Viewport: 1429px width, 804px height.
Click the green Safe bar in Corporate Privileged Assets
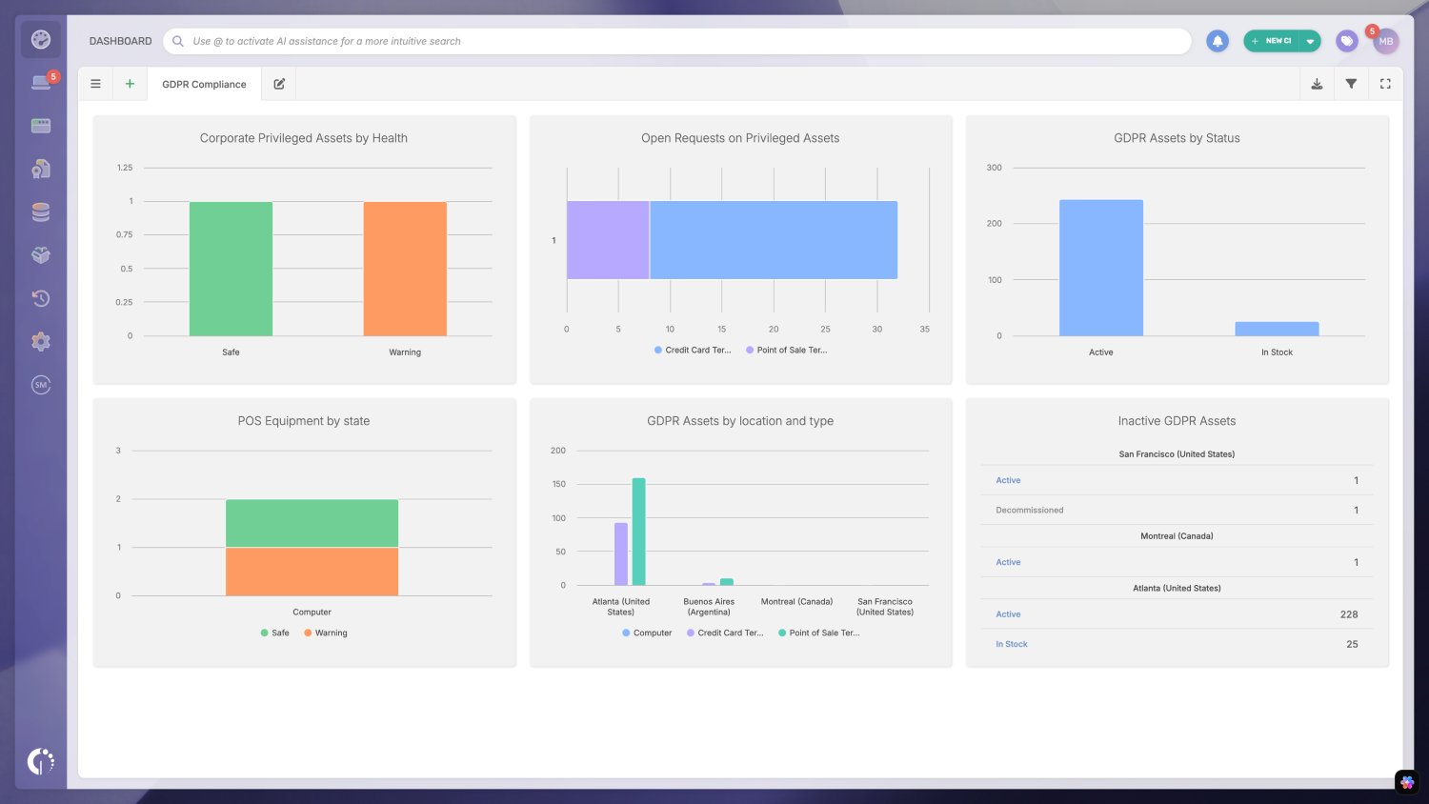231,269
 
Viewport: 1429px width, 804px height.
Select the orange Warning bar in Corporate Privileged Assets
405,269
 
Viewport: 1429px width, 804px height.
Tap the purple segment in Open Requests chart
608,240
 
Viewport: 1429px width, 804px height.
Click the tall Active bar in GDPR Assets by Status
1100,268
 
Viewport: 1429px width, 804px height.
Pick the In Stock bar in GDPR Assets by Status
1277,329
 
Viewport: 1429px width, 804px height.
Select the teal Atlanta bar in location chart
638,532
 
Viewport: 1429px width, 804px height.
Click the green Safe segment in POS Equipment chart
312,523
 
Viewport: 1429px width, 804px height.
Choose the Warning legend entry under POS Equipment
326,633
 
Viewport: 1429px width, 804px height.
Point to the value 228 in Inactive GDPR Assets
1348,614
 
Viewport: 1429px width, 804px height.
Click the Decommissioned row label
1029,511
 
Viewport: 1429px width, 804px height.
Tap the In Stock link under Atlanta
1011,645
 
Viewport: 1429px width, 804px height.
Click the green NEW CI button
1272,41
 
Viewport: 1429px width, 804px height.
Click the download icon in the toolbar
1317,84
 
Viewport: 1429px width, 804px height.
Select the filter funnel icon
1351,84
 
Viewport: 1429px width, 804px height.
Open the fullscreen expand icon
1385,84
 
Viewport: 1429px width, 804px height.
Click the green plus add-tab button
130,84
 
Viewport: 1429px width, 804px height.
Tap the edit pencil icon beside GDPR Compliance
279,84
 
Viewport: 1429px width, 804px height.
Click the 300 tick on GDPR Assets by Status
994,168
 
